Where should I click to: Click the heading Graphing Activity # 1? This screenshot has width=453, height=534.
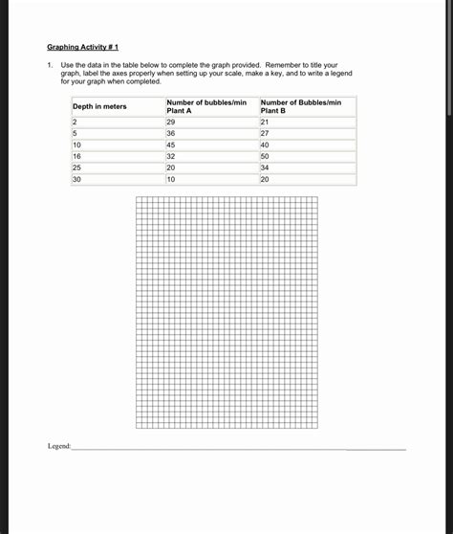[x=82, y=46]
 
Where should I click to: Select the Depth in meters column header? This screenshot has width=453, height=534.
[x=99, y=106]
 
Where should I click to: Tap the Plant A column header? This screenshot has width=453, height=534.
[x=206, y=106]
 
